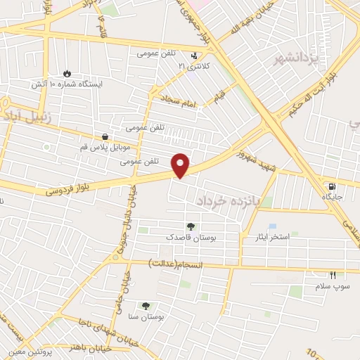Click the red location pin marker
(181, 165)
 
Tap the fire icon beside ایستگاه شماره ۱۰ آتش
(67, 73)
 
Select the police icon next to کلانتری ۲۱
(195, 56)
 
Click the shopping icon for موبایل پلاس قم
(105, 136)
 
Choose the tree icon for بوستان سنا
(146, 306)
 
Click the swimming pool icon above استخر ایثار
(272, 226)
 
